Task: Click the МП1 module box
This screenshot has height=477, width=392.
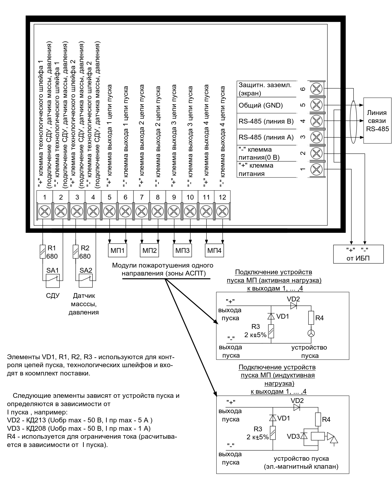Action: tap(118, 251)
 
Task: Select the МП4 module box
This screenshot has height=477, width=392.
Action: tap(214, 251)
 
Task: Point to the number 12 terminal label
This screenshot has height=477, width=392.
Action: tap(222, 197)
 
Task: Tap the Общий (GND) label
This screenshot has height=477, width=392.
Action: tap(261, 105)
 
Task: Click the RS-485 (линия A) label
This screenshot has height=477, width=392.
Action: tap(266, 137)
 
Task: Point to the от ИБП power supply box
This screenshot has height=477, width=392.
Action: tap(358, 254)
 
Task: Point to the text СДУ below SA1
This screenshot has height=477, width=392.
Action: tap(53, 296)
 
